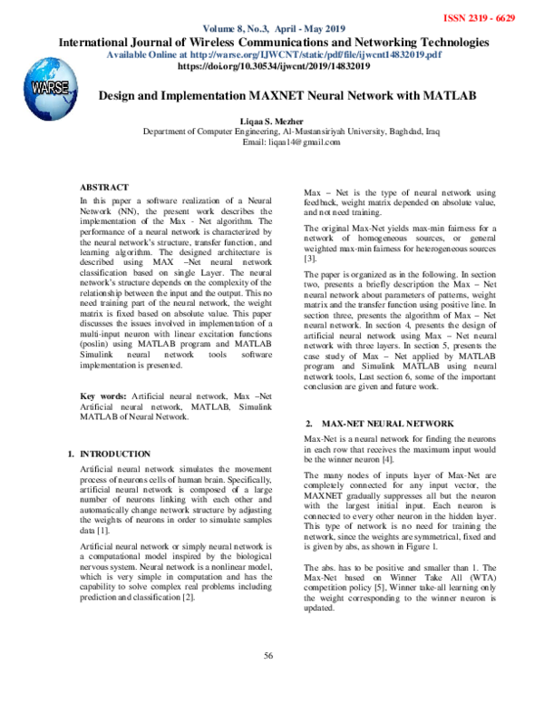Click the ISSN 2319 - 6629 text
coord(492,18)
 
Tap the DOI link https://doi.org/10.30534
coord(272,67)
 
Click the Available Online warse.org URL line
coord(272,54)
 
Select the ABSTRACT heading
coord(106,186)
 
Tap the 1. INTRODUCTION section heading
coord(109,453)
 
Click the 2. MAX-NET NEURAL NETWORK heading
coord(380,424)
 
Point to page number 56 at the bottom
coord(268,656)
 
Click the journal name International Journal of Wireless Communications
coord(272,42)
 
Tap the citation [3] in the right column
coord(310,259)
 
